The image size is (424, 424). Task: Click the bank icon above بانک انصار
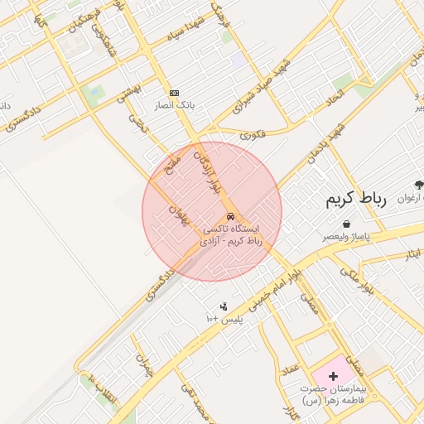[174, 93]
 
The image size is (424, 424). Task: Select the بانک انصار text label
[173, 105]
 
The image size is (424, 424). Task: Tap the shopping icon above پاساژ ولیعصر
[345, 224]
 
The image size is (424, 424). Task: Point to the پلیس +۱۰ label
[222, 319]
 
